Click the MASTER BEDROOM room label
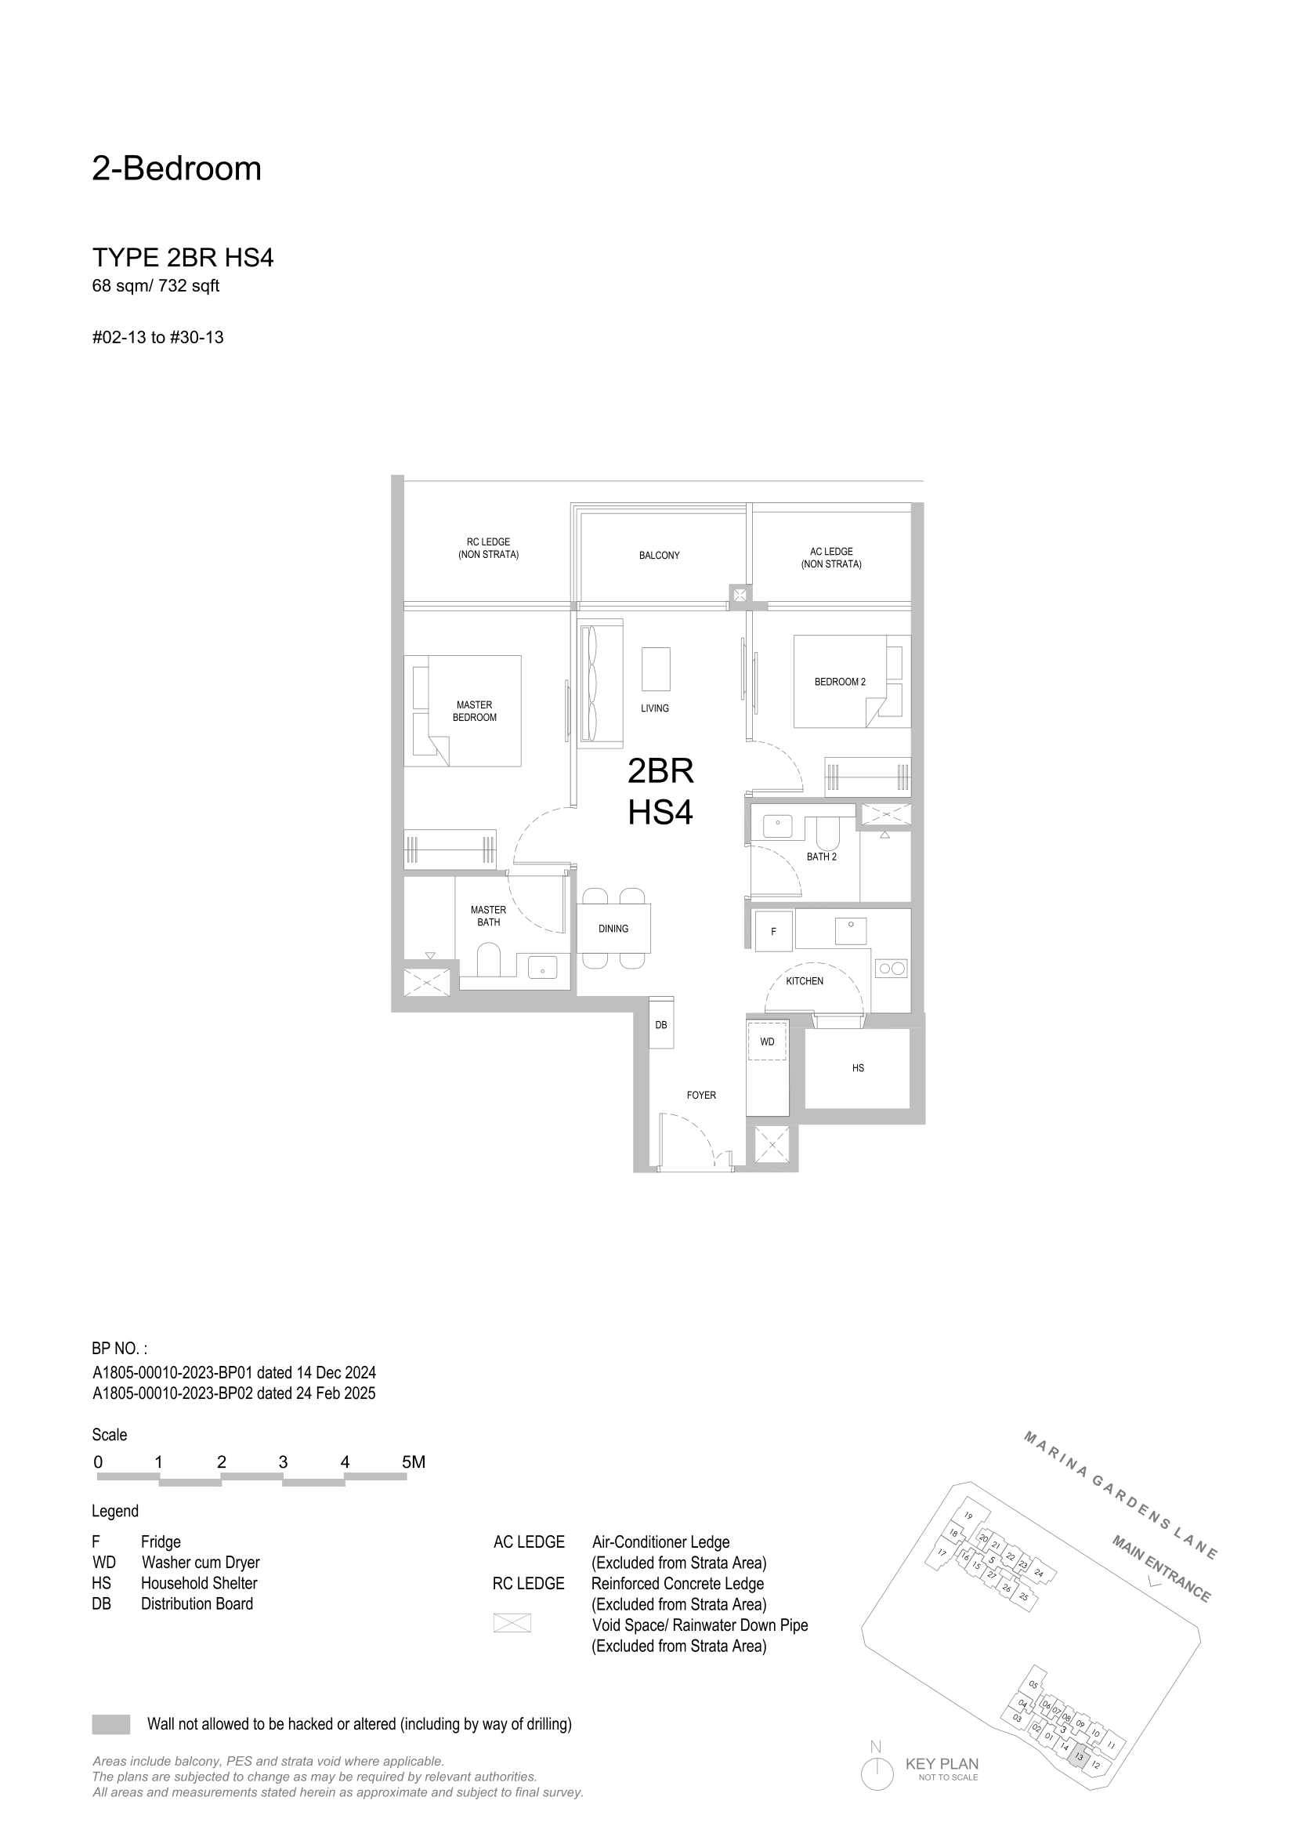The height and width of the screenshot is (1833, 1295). point(475,711)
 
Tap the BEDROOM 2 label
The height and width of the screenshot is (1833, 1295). point(839,682)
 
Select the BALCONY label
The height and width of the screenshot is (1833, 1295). point(659,555)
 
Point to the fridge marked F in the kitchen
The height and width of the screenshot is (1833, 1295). point(773,931)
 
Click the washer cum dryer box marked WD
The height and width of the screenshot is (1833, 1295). point(767,1041)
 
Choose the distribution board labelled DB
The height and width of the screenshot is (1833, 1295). point(661,1023)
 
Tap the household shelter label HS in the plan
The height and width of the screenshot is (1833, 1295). point(858,1067)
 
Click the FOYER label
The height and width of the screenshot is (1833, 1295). point(701,1095)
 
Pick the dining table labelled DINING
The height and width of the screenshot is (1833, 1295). point(613,928)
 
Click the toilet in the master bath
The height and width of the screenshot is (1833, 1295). point(487,961)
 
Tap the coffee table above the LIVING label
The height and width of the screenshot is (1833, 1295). point(656,669)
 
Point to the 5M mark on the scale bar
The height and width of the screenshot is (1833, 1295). point(414,1462)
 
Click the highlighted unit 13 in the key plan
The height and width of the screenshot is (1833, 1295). point(1080,1755)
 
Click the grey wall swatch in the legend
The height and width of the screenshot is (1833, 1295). point(111,1723)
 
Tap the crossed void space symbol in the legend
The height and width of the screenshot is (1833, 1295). point(512,1622)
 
